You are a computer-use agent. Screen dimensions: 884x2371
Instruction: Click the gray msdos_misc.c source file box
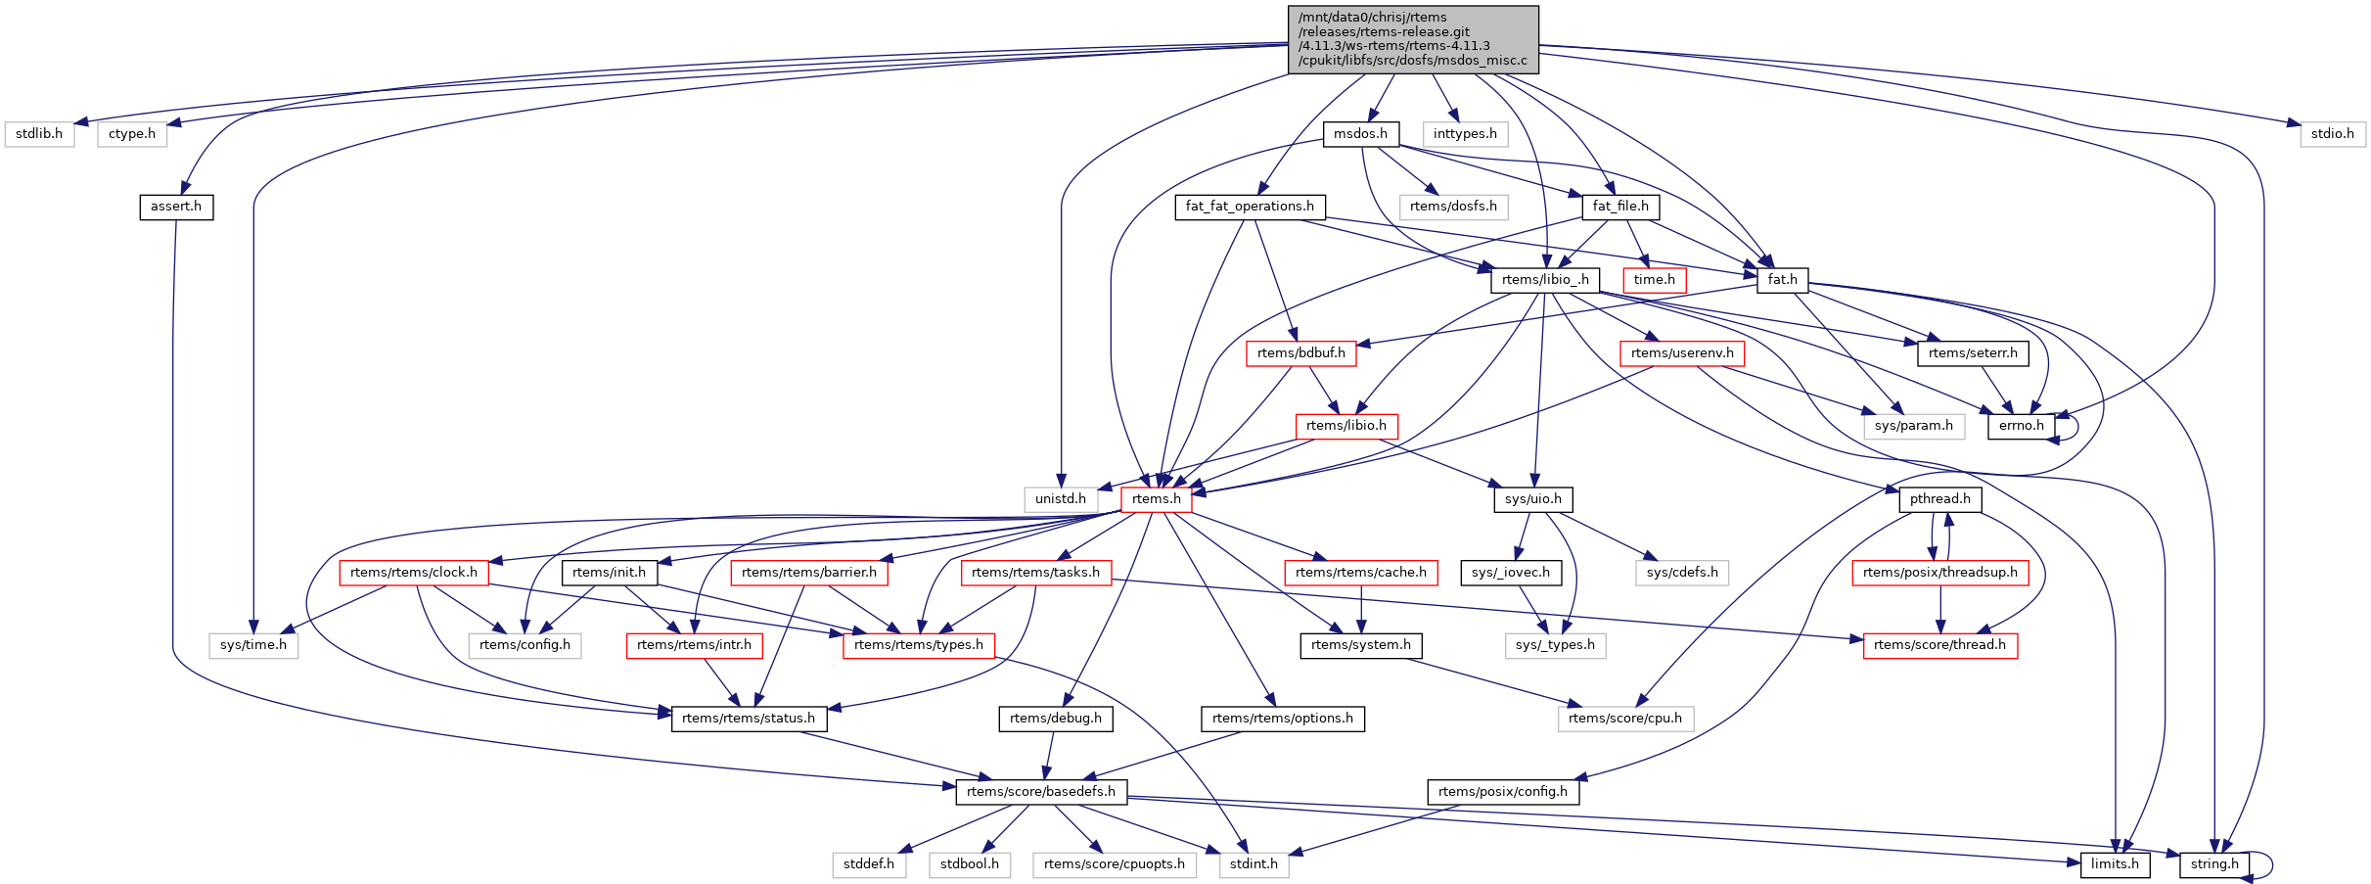click(x=1413, y=39)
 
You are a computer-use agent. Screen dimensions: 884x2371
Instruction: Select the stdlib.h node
click(x=39, y=134)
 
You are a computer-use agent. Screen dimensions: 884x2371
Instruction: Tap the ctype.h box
click(x=132, y=134)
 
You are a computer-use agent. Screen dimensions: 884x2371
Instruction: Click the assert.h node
click(x=176, y=207)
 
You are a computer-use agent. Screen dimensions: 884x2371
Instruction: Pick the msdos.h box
click(x=1360, y=134)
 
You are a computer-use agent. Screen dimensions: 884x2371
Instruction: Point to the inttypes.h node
click(x=1465, y=134)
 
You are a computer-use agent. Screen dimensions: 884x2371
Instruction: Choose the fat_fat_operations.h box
click(x=1250, y=207)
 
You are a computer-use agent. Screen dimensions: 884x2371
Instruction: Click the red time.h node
click(x=1654, y=280)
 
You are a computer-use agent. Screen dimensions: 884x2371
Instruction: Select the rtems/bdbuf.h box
click(x=1300, y=353)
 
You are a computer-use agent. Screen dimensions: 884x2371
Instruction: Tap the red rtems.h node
click(x=1156, y=499)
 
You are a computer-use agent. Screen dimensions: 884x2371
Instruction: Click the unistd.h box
click(x=1061, y=499)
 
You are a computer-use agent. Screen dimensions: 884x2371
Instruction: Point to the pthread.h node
click(x=1939, y=499)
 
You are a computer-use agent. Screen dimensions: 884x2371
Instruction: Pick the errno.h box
click(x=2022, y=426)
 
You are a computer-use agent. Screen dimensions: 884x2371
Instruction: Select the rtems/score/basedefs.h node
click(x=1041, y=792)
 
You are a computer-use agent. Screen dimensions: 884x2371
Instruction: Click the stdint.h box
click(x=1254, y=864)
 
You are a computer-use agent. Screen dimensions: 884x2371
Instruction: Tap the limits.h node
click(x=2115, y=864)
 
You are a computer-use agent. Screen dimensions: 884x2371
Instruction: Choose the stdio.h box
click(x=2333, y=134)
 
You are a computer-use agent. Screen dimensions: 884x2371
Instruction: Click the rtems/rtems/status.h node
click(x=749, y=719)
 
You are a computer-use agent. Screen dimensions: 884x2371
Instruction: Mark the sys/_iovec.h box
click(x=1510, y=573)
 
